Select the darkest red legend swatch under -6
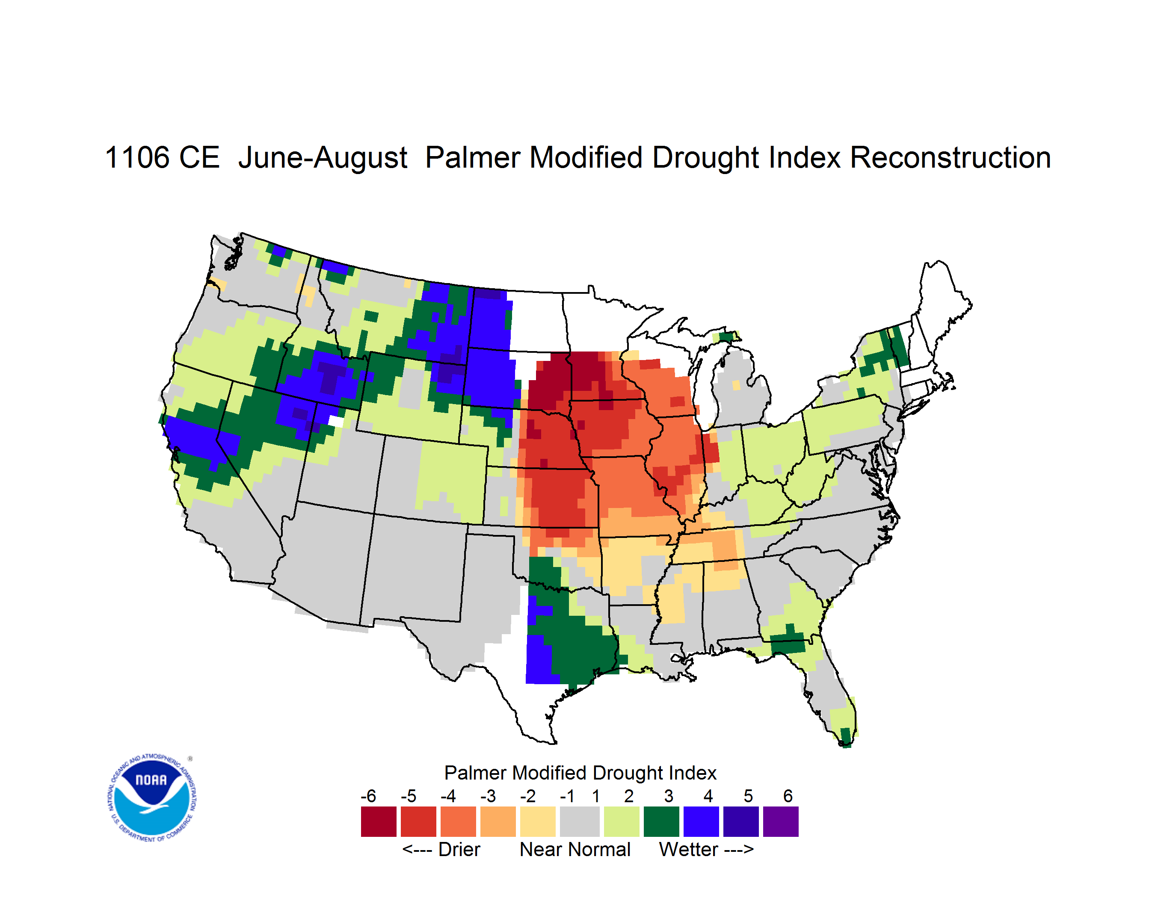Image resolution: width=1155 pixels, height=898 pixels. point(379,821)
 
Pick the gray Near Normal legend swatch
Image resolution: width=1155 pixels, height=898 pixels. point(580,821)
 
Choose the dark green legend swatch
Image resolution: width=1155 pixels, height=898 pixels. point(661,821)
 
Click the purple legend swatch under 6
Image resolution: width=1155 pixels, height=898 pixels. point(781,821)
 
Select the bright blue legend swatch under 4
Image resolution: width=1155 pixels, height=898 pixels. point(701,821)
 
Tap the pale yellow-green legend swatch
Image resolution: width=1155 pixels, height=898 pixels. point(622,821)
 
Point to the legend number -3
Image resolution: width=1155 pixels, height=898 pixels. point(488,796)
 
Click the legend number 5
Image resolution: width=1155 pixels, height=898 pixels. point(748,796)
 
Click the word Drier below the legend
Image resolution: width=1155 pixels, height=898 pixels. point(459,849)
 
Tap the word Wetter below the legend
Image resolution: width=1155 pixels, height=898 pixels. point(689,849)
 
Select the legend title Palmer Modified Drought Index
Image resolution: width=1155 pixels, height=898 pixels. point(580,773)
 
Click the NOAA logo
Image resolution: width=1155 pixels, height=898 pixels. point(152,798)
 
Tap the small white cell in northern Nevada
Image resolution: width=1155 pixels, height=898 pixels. point(336,421)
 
